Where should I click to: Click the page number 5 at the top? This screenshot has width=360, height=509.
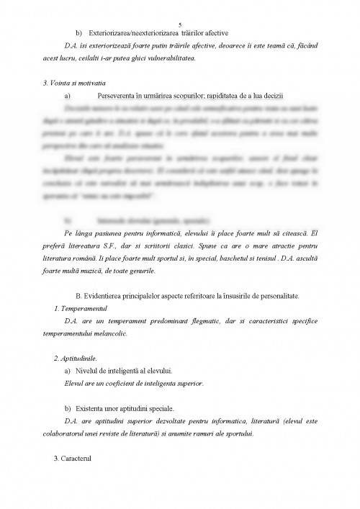coord(180,24)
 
